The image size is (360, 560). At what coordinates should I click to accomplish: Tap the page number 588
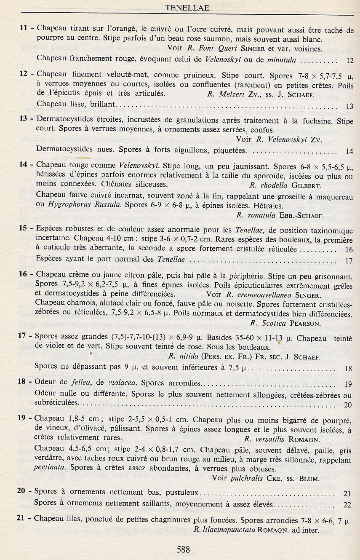(x=183, y=549)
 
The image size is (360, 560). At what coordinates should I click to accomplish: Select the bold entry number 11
(x=24, y=29)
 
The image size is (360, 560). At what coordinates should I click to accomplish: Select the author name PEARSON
(x=305, y=324)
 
